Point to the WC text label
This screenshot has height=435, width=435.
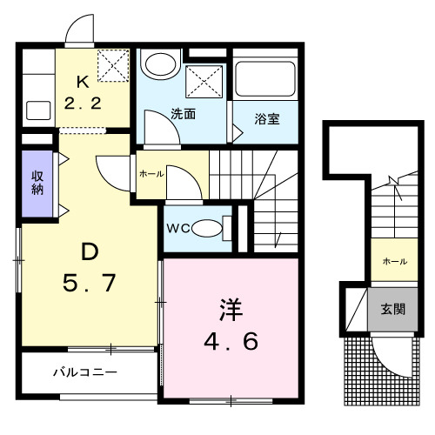point(178,229)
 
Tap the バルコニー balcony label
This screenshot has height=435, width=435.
point(84,372)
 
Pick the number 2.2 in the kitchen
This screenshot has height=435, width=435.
point(84,103)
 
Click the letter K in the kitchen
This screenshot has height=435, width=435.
point(83,84)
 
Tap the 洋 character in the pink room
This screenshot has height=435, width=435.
point(230,309)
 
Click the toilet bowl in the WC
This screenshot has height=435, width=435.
point(208,228)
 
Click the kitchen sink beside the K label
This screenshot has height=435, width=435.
point(37,110)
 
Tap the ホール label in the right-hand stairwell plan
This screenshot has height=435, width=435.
point(393,261)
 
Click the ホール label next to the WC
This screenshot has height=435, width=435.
point(150,173)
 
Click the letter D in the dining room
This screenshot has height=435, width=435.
point(87,251)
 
